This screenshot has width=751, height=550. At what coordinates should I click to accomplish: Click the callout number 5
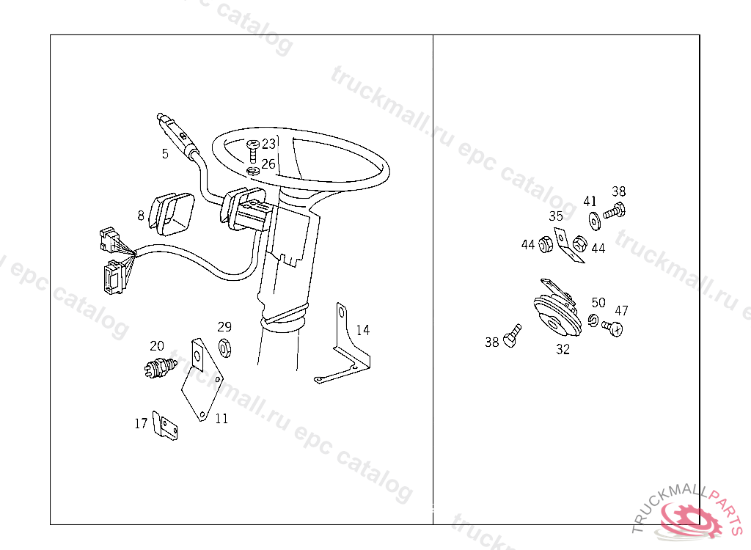pos(165,154)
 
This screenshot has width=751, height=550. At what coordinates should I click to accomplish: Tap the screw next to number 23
pos(252,150)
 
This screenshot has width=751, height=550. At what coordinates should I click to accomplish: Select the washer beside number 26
pos(253,171)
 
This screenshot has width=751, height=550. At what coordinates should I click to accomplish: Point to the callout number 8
pos(140,216)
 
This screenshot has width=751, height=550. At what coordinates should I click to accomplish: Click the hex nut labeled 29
pos(224,348)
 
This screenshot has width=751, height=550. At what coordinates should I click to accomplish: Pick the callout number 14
pos(363,330)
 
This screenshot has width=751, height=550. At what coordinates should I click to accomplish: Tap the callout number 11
pos(221,419)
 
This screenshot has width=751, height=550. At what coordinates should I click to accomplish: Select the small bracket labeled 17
pos(165,425)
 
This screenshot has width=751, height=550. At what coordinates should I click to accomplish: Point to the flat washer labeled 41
pos(594,221)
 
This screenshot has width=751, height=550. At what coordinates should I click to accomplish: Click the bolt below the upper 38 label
pos(615,211)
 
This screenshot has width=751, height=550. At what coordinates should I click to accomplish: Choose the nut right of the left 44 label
pos(546,244)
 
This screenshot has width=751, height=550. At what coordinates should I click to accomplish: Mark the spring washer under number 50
pos(593,320)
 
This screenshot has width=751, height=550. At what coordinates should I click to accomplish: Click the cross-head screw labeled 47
pos(612,329)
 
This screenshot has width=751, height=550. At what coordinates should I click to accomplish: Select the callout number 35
pos(556,216)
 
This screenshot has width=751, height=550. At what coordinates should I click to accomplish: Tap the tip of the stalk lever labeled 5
pos(160,116)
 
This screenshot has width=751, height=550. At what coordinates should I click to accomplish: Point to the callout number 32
pos(563,350)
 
